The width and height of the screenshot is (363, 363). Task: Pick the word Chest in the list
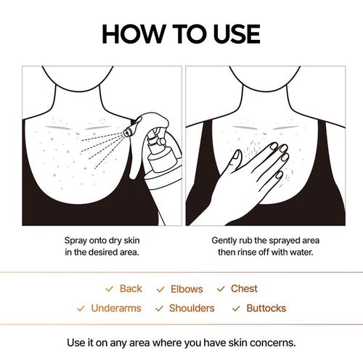(x=244, y=289)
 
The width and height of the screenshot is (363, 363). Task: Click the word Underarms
(x=116, y=309)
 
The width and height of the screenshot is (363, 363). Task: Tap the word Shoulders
(x=192, y=309)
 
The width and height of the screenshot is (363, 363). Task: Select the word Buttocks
(x=266, y=309)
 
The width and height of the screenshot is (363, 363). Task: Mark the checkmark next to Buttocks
(x=236, y=309)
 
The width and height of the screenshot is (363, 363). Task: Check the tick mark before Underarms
(x=81, y=309)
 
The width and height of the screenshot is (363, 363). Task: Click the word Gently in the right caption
(x=226, y=239)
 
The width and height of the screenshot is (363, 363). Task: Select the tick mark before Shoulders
(x=159, y=309)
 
